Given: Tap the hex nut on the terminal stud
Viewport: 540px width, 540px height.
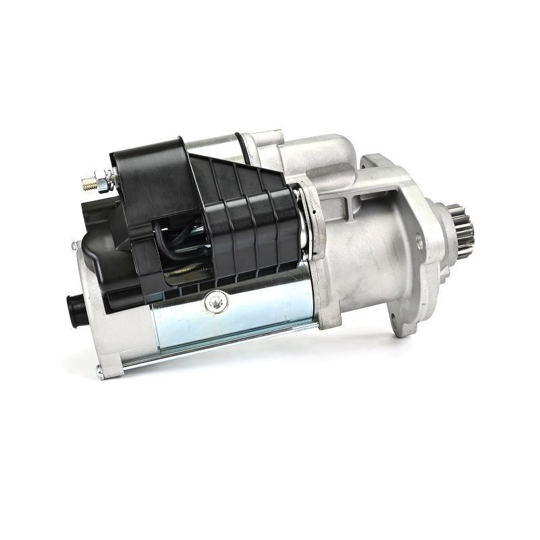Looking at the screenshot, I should (100, 180).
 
